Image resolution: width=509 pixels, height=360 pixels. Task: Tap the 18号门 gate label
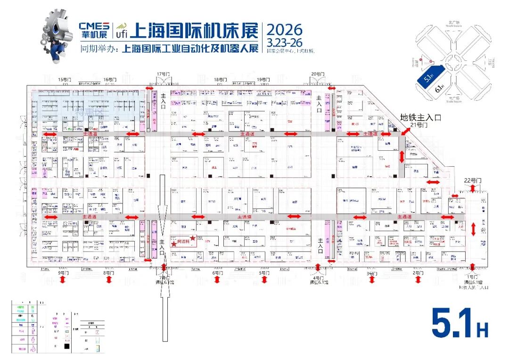pos(220,79)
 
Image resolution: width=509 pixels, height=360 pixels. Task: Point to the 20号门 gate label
pos(318,74)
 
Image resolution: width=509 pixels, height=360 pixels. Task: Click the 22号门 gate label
pos(472,180)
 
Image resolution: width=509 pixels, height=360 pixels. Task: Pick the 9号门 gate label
pos(62,272)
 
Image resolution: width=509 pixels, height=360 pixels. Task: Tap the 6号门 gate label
pos(217,272)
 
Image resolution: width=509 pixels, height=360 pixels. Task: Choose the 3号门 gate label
pos(372,273)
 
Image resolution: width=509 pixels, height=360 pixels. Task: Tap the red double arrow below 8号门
pos(109,280)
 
